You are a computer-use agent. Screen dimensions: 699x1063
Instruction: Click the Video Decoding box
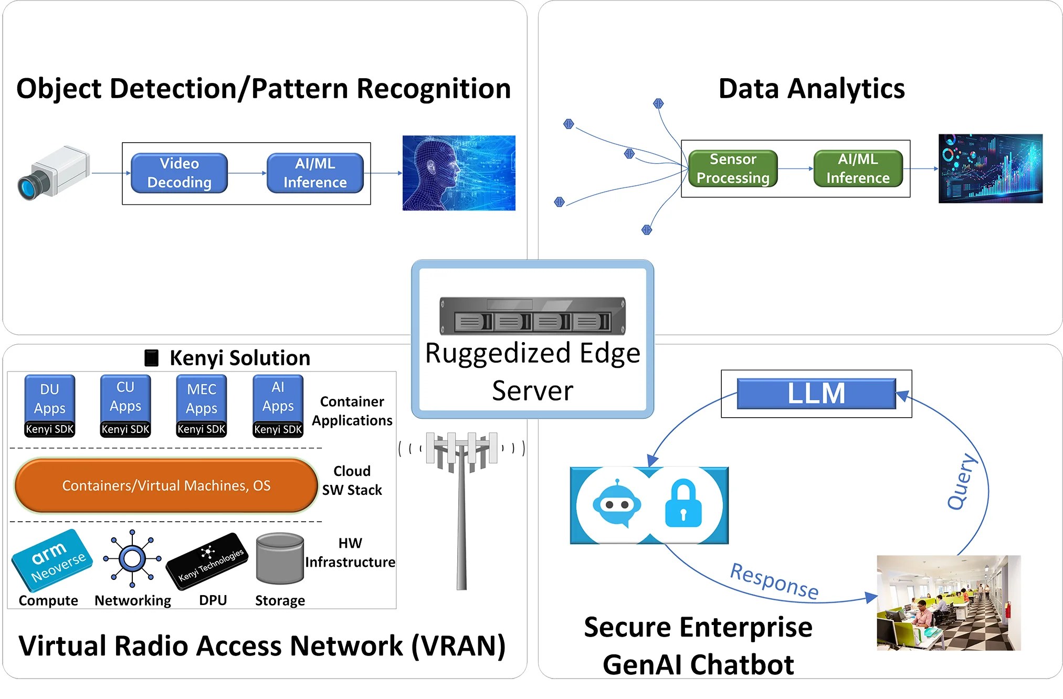[179, 173]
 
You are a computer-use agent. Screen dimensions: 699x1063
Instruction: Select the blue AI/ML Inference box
[315, 173]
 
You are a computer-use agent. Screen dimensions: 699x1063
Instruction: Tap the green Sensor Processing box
[733, 168]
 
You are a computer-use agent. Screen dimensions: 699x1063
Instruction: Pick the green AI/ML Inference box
[858, 168]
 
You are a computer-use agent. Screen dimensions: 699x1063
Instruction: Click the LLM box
[816, 394]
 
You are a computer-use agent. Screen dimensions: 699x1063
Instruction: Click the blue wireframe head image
[459, 173]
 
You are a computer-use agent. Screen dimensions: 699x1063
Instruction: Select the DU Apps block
[50, 398]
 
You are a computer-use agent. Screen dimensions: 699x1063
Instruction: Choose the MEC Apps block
[202, 398]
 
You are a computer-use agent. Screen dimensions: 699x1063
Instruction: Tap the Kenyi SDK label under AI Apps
[278, 430]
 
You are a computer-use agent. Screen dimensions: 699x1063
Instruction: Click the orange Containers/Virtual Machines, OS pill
[166, 485]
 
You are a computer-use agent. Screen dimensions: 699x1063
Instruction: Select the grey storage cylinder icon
[280, 558]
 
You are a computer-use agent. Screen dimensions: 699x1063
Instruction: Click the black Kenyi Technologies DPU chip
[207, 562]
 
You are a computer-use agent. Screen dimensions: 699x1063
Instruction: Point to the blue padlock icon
[683, 504]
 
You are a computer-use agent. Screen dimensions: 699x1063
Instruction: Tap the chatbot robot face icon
[616, 504]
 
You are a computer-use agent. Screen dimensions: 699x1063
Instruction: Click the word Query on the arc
[962, 482]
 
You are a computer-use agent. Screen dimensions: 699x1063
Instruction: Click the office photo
[949, 603]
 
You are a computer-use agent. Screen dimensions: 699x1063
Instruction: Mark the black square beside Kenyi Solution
[151, 358]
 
